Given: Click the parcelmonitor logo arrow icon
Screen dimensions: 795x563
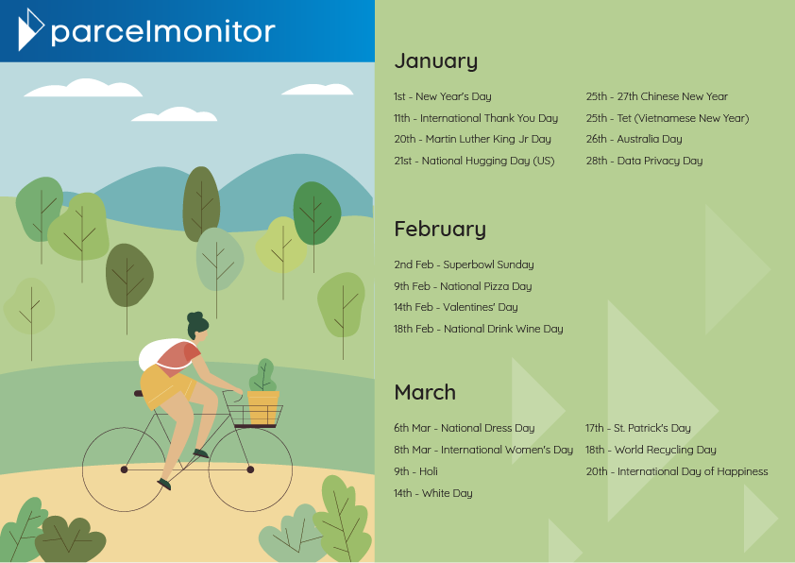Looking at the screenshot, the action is click(30, 29).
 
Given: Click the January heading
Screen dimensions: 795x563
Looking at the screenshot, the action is click(435, 60).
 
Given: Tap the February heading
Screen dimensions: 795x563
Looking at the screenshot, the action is click(440, 229).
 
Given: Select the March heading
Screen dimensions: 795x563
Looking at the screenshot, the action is click(425, 392).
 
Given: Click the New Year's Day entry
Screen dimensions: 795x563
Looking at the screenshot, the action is click(443, 96).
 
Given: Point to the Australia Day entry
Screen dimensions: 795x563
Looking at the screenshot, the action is click(634, 139).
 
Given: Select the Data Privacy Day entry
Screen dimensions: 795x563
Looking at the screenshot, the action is click(645, 161).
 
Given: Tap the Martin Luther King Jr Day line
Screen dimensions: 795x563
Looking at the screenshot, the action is click(472, 139).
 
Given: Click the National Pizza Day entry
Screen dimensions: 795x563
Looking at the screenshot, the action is click(463, 286).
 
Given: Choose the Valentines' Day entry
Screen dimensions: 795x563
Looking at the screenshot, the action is click(456, 307).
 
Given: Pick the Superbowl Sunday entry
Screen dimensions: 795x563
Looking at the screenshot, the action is click(464, 264).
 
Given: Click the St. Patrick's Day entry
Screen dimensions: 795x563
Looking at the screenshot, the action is click(638, 428).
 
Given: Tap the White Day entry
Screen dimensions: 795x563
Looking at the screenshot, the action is click(433, 493).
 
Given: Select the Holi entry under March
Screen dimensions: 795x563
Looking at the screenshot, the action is click(415, 471).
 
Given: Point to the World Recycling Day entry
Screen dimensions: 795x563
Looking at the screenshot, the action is click(651, 450).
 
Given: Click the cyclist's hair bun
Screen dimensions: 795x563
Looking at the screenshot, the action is click(195, 317).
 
